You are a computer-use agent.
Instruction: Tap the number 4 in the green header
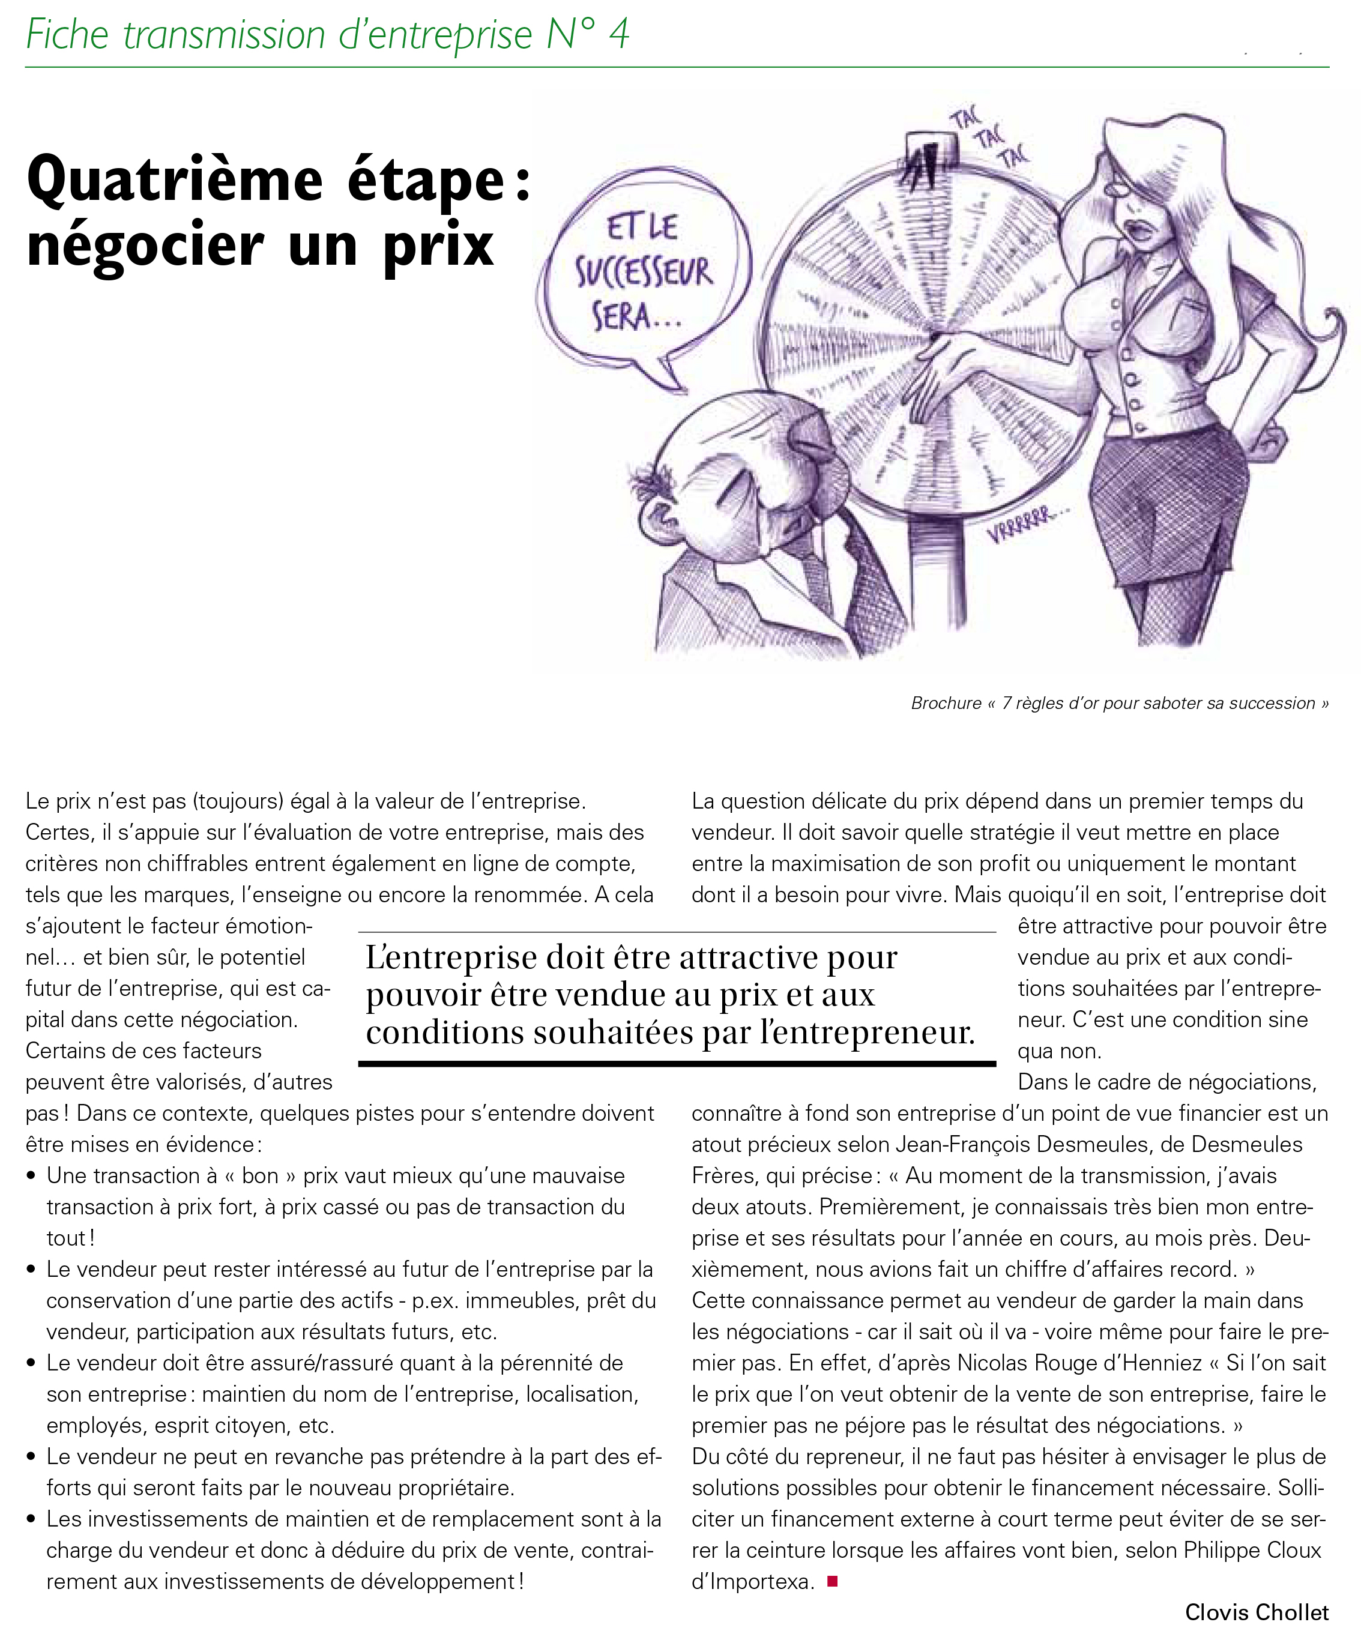tap(618, 34)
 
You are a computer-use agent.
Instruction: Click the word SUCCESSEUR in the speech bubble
tap(644, 274)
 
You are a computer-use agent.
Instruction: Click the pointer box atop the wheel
tap(929, 160)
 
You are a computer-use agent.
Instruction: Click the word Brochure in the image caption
tap(946, 704)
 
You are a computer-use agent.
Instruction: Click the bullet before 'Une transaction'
tap(31, 1177)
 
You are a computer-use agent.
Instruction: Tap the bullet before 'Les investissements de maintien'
tap(31, 1519)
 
